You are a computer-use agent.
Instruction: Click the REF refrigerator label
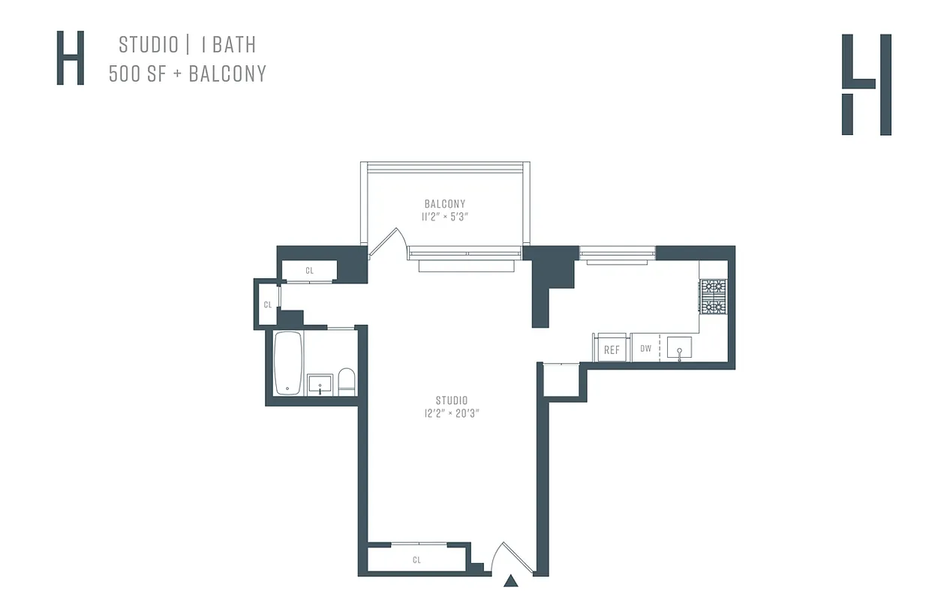click(612, 350)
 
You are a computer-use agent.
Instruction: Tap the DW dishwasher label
click(645, 349)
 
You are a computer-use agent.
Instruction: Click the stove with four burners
click(713, 296)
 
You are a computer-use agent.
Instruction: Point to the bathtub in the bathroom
click(288, 363)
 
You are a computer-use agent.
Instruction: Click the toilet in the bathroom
click(347, 382)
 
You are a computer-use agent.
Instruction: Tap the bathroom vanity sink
click(320, 384)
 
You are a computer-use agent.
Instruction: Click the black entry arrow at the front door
click(511, 580)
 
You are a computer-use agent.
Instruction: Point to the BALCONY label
click(445, 204)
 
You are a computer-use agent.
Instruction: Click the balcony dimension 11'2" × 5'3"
click(445, 217)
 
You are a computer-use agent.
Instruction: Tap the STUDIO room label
click(452, 400)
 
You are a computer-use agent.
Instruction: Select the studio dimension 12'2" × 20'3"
click(452, 413)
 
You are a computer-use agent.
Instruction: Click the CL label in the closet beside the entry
click(416, 560)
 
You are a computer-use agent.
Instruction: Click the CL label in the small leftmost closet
click(267, 304)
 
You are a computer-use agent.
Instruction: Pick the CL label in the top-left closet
click(309, 270)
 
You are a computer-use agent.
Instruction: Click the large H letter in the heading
click(71, 58)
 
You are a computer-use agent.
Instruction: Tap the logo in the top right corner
click(867, 84)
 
